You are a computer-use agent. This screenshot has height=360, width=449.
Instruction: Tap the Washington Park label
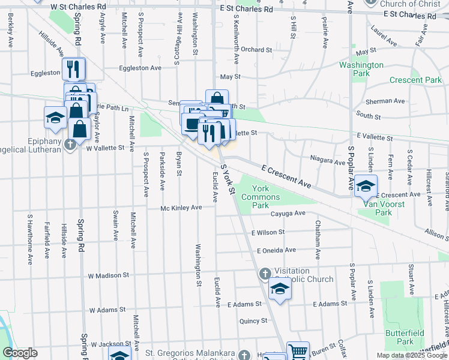(x=361, y=69)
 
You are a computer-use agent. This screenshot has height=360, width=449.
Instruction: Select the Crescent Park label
(x=415, y=80)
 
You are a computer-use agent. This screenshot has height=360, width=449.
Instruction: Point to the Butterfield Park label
(x=414, y=337)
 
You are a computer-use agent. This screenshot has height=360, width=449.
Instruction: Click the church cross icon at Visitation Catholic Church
(x=265, y=274)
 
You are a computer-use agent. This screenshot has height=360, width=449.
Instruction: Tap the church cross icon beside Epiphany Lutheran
(x=70, y=144)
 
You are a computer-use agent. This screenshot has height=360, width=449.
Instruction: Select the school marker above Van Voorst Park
(x=366, y=185)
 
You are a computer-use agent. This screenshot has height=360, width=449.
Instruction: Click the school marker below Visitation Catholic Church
(x=279, y=290)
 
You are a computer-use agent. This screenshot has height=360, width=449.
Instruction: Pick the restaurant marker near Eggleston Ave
(x=74, y=69)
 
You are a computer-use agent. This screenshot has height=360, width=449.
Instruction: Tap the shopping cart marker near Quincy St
(x=298, y=352)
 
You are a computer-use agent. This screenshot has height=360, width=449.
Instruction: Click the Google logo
(x=20, y=353)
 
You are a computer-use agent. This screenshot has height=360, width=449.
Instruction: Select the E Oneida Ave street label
(x=276, y=250)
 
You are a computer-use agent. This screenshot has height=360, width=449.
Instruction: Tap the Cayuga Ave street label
(x=288, y=213)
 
